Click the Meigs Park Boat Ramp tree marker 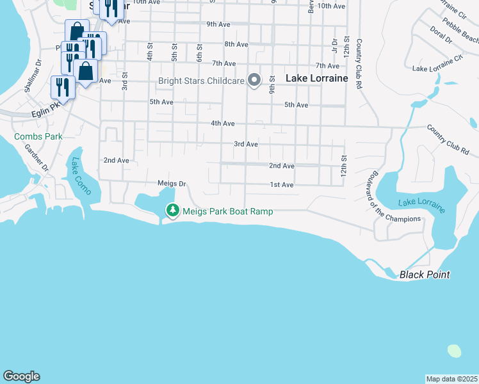(172, 210)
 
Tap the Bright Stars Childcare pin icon (254, 80)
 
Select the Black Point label (424, 275)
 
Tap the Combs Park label (39, 136)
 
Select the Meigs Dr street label (171, 184)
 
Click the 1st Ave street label (281, 185)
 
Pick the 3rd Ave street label (245, 145)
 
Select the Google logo (21, 376)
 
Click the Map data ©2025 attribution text (451, 379)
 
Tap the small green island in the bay (454, 351)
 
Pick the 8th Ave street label (236, 44)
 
